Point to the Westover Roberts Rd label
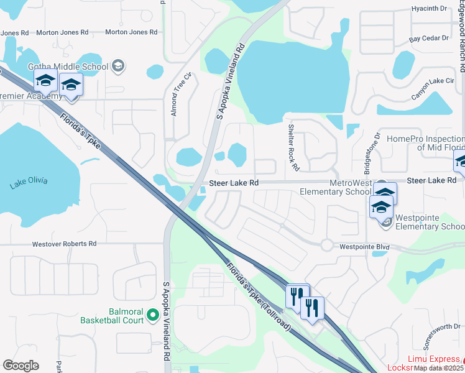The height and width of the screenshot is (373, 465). click(x=65, y=244)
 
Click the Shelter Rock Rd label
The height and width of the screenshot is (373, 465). click(x=293, y=147)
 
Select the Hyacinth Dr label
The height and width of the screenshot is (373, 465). click(x=430, y=9)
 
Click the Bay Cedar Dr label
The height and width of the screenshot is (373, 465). click(x=429, y=38)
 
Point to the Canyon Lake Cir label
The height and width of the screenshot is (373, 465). click(x=433, y=81)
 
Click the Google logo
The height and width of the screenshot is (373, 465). click(x=21, y=366)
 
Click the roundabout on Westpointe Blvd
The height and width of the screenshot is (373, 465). click(x=327, y=245)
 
